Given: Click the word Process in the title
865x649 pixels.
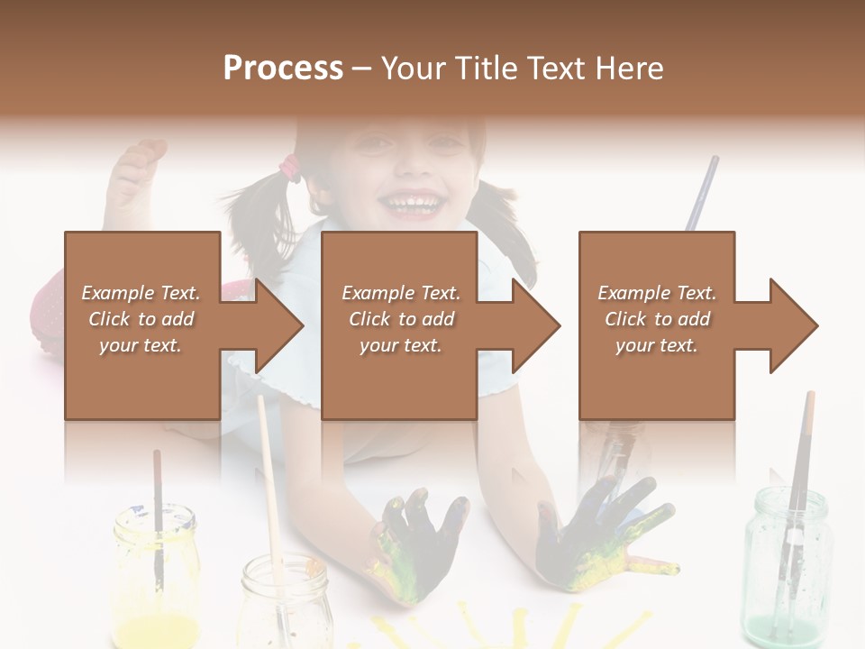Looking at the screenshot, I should point(283,69).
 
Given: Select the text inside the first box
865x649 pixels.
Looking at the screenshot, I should point(141,319).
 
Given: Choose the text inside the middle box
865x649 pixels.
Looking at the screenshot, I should point(400,319).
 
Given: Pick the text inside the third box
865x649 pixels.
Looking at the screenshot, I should point(657,319).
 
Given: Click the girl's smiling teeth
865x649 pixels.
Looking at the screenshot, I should point(414,199).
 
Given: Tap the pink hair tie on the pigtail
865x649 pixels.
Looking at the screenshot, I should point(290,166).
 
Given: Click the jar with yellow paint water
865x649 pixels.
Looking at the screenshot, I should point(156,577).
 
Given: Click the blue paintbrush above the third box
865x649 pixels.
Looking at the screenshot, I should point(701,194).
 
